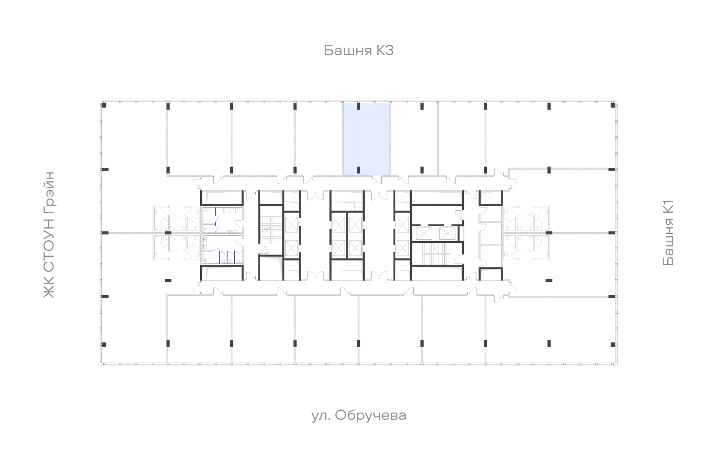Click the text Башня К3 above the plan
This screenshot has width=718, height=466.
pyautogui.click(x=359, y=50)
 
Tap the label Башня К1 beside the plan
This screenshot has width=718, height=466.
pyautogui.click(x=668, y=233)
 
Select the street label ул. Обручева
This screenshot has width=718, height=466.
pyautogui.click(x=359, y=416)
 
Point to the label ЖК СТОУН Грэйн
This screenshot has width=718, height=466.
pyautogui.click(x=49, y=235)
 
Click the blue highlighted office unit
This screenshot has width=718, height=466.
pyautogui.click(x=367, y=139)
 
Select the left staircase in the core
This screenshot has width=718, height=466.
pyautogui.click(x=271, y=229)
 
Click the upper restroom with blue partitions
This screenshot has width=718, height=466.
pyautogui.click(x=222, y=220)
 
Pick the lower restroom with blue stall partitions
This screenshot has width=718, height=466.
pyautogui.click(x=222, y=250)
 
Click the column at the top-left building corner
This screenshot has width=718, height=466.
pyautogui.click(x=104, y=105)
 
